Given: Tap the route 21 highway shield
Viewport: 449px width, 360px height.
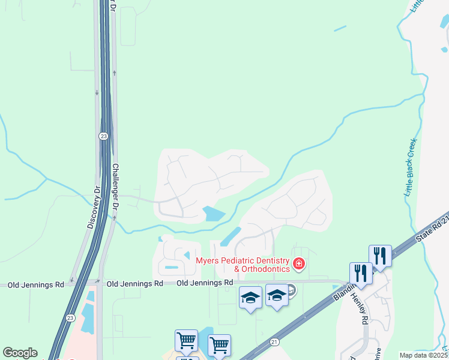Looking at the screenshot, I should click(x=274, y=341).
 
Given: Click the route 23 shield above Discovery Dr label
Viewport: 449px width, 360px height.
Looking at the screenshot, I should click(x=104, y=136).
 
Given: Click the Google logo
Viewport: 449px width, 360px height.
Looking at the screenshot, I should click(x=20, y=353).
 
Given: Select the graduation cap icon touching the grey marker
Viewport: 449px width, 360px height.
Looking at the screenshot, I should click(x=277, y=296).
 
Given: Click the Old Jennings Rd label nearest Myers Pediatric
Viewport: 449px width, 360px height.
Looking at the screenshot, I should click(x=205, y=282).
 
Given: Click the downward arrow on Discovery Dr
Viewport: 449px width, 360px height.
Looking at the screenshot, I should click(x=97, y=93).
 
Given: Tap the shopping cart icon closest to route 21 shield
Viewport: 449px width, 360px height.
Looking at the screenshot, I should click(x=219, y=344).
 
